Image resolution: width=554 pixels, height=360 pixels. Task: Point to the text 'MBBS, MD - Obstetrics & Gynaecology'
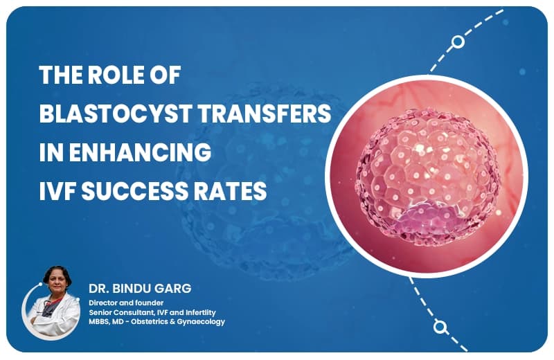(x=157, y=322)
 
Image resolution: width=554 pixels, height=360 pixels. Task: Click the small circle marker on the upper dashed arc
(x=458, y=42)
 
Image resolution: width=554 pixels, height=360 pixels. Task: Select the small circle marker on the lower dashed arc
(x=439, y=326)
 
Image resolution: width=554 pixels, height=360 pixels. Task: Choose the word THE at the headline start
(x=62, y=76)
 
